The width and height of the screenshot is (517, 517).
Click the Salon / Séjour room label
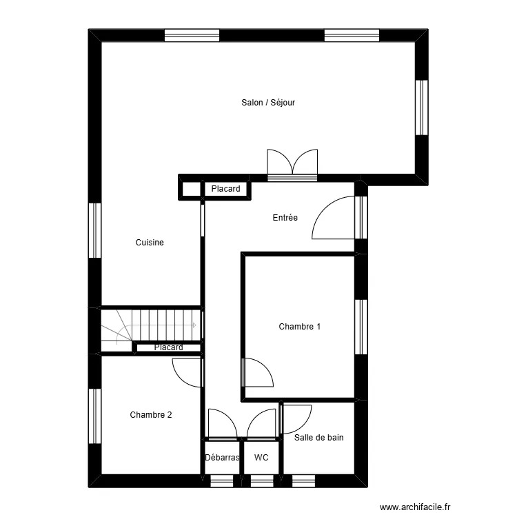click(268, 103)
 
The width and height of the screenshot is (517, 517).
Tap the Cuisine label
click(150, 243)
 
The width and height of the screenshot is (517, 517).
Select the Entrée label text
click(285, 218)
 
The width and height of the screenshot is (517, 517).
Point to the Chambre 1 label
click(299, 327)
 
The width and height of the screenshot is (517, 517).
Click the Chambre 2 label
click(151, 414)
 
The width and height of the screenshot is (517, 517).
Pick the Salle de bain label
click(319, 438)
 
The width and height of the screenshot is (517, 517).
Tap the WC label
click(261, 457)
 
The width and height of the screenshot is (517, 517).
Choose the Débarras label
click(222, 457)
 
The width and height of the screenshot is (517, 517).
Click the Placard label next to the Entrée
click(225, 189)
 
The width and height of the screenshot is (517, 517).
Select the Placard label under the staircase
click(168, 347)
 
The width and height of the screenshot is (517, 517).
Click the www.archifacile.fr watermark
click(415, 507)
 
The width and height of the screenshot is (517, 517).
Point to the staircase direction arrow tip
click(196, 325)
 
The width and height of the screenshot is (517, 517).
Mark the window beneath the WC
click(262, 481)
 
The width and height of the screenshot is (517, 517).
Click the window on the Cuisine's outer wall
click(94, 230)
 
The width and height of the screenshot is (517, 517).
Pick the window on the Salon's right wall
click(421, 108)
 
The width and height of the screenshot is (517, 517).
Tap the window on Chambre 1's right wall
click(361, 327)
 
